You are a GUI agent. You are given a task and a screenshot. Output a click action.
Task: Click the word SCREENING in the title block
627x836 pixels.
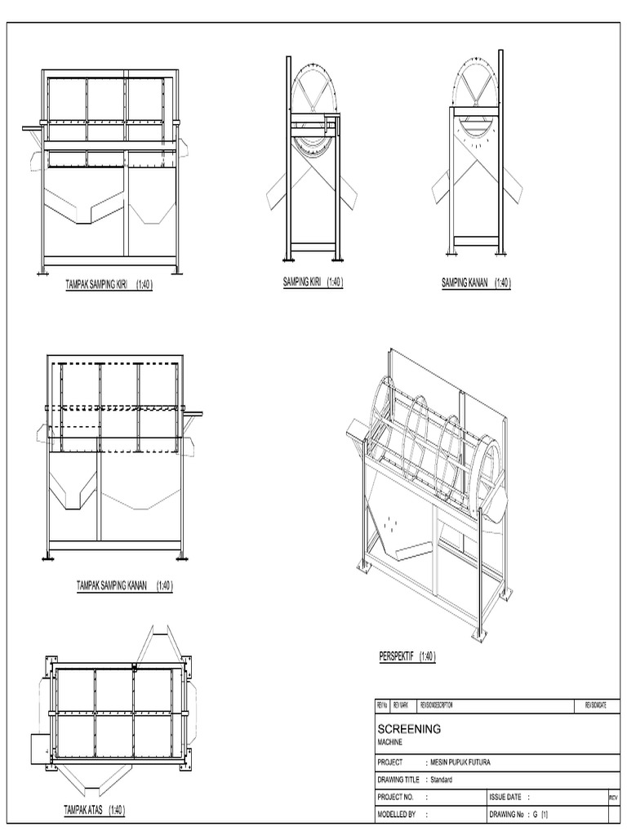(x=409, y=728)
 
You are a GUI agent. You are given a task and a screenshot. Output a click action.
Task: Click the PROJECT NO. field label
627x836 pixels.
(x=396, y=797)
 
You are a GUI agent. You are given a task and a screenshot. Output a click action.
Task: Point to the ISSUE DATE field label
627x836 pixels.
(x=507, y=797)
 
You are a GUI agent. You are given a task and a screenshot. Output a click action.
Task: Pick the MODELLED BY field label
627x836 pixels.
(x=397, y=814)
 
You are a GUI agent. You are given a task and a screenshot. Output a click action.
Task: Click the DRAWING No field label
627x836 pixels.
(x=509, y=814)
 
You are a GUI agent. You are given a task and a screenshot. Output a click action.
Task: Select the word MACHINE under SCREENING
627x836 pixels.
(x=390, y=742)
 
